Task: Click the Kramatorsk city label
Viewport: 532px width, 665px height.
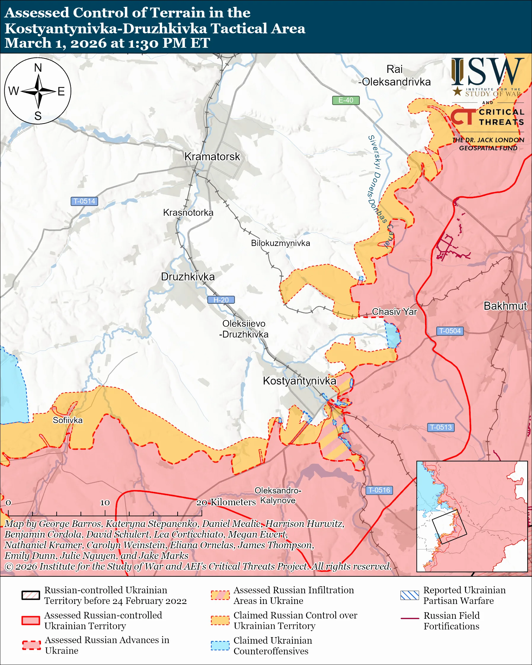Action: click(212, 157)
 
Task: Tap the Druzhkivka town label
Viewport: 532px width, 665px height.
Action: click(188, 277)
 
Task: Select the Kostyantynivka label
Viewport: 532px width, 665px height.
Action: click(299, 381)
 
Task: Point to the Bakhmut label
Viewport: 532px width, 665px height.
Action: click(505, 306)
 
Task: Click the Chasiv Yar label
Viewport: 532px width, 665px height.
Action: click(394, 311)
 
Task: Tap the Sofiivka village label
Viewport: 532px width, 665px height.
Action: click(68, 420)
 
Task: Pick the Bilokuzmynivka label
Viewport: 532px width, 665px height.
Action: click(280, 243)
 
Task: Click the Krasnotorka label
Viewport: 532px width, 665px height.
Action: click(188, 212)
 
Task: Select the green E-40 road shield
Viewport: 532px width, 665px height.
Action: click(346, 100)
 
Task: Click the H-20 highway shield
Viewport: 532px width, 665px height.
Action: click(221, 300)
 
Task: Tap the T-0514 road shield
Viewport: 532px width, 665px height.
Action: click(84, 201)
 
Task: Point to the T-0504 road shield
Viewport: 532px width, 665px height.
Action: click(450, 331)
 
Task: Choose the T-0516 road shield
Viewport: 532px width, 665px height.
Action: click(379, 490)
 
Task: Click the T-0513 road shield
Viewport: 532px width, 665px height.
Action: click(441, 427)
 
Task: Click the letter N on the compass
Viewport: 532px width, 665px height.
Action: click(38, 68)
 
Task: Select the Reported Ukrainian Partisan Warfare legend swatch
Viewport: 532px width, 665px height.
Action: click(410, 595)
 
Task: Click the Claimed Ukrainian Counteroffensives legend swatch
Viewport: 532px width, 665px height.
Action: click(220, 645)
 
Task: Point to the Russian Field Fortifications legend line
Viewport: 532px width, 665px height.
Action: click(410, 618)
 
